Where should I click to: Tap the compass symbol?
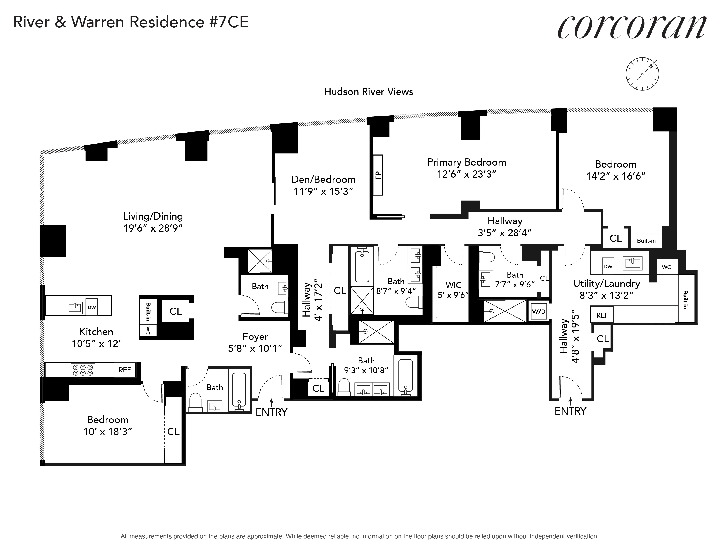click(x=642, y=74)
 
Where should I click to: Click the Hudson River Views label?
click(x=368, y=92)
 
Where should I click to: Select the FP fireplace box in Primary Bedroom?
click(x=378, y=175)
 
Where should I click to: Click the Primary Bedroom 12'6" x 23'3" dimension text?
click(x=466, y=174)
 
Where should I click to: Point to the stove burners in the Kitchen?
click(x=83, y=370)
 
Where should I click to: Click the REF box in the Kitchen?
click(x=125, y=370)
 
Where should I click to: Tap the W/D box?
click(x=538, y=311)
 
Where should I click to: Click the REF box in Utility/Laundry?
click(x=602, y=315)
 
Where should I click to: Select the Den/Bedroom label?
click(x=323, y=180)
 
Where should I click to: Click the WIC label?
click(x=453, y=285)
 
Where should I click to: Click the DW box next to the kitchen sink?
click(x=92, y=307)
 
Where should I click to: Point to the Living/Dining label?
click(x=153, y=216)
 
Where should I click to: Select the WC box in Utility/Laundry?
click(x=666, y=267)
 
